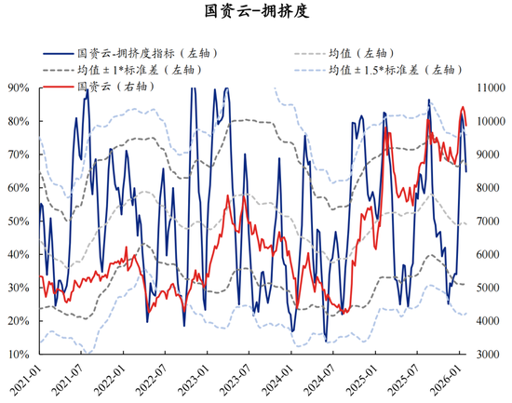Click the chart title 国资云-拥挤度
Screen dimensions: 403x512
click(255, 13)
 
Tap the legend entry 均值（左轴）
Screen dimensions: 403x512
click(363, 53)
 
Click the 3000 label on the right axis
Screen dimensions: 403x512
click(488, 355)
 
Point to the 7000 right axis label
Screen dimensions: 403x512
click(488, 222)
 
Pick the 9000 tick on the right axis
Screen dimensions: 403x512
click(488, 154)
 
